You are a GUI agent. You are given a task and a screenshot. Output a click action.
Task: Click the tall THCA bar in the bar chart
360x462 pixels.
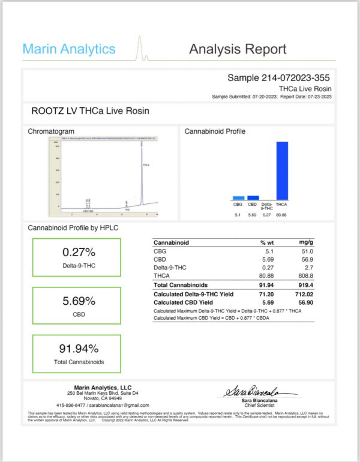click(x=282, y=170)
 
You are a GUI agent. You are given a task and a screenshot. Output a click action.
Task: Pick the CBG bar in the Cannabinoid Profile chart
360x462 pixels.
click(x=238, y=197)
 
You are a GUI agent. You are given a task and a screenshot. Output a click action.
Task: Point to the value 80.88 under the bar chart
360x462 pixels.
click(x=283, y=215)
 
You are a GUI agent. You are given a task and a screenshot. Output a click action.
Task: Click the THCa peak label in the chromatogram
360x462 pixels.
click(x=146, y=164)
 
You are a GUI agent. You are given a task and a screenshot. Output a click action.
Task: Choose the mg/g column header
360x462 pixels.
click(x=306, y=242)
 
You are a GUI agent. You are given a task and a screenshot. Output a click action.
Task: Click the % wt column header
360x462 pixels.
click(x=266, y=242)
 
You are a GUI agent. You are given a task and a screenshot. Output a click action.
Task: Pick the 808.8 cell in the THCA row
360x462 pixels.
click(x=305, y=274)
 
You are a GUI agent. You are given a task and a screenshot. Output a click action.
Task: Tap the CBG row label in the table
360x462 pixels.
click(x=160, y=251)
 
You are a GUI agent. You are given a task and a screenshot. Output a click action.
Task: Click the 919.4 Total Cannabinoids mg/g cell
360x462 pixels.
click(x=305, y=284)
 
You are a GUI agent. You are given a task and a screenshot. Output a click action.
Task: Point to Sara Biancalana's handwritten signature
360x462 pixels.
click(x=259, y=391)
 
